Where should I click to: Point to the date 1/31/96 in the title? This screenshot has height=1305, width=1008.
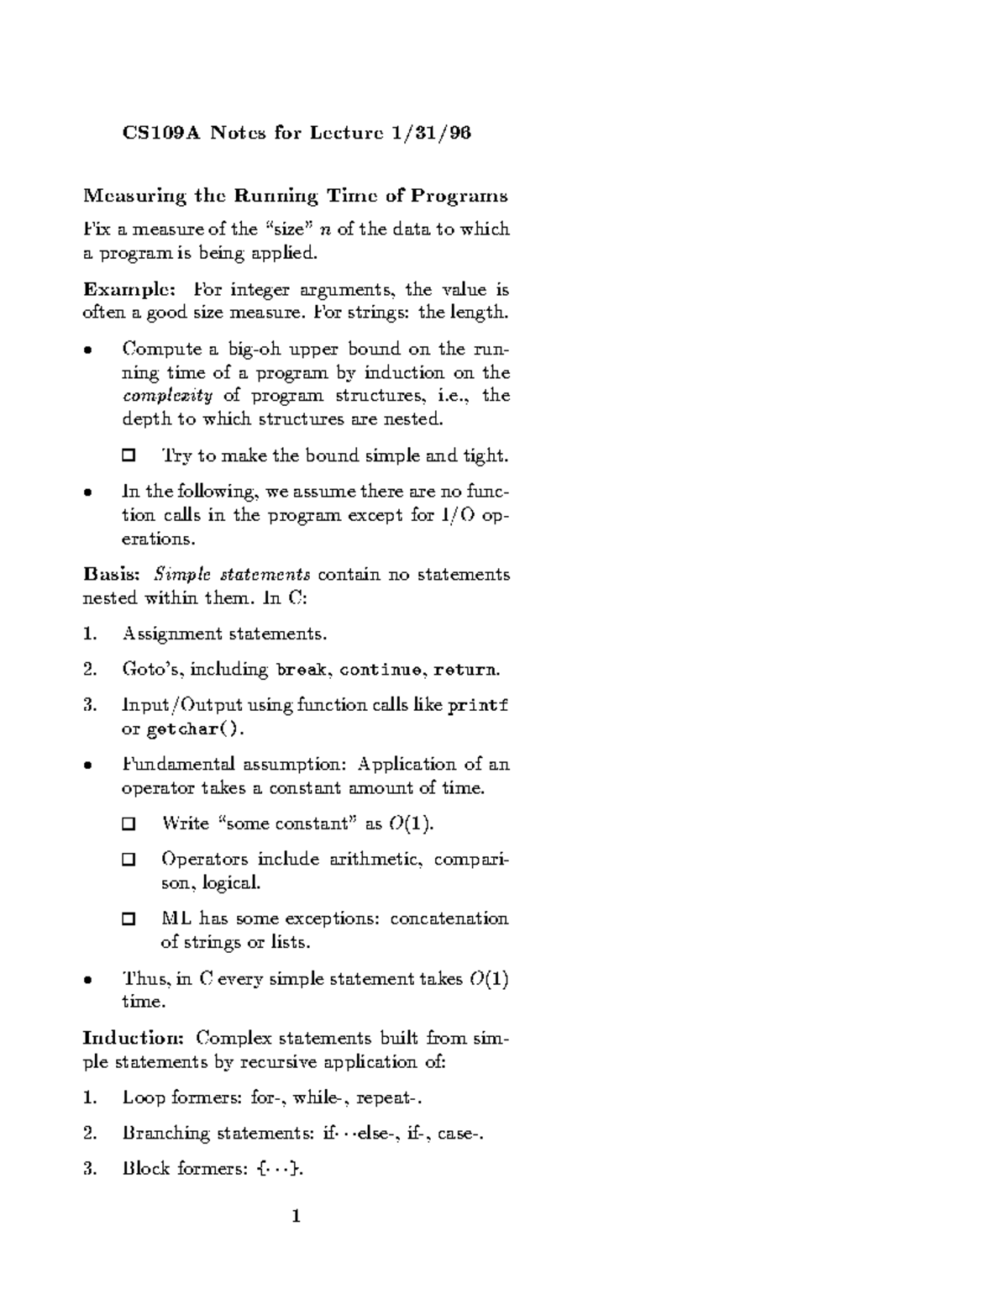tap(430, 133)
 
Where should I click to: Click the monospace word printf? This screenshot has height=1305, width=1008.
tap(478, 705)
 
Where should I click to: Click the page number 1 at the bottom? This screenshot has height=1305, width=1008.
tap(297, 1216)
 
